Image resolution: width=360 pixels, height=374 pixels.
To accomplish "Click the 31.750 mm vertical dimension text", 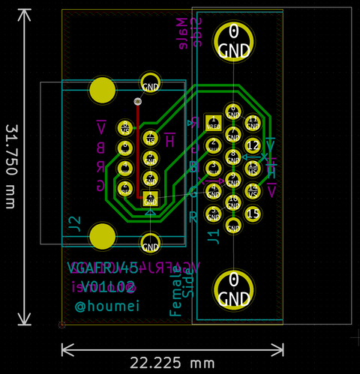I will point(10,166).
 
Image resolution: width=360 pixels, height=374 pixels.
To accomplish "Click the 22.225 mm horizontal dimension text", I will point(172,364).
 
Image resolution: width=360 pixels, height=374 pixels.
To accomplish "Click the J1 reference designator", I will point(214,237).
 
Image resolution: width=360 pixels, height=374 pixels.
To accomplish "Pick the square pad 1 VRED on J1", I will point(213,121).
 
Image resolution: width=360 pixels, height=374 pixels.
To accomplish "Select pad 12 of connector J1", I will point(253,145).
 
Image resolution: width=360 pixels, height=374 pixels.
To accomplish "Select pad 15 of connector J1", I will point(253,214).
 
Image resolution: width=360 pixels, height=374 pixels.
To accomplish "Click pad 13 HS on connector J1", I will point(253,168).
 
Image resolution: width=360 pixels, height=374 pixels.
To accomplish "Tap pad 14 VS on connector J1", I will point(253,190).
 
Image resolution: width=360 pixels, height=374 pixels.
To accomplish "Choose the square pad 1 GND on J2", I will point(151,199).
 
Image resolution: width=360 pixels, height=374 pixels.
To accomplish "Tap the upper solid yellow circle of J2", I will point(103,90).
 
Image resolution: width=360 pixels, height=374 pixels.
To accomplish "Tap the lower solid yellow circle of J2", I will point(103,236).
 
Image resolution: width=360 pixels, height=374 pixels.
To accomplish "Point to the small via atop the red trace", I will point(137,101).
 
